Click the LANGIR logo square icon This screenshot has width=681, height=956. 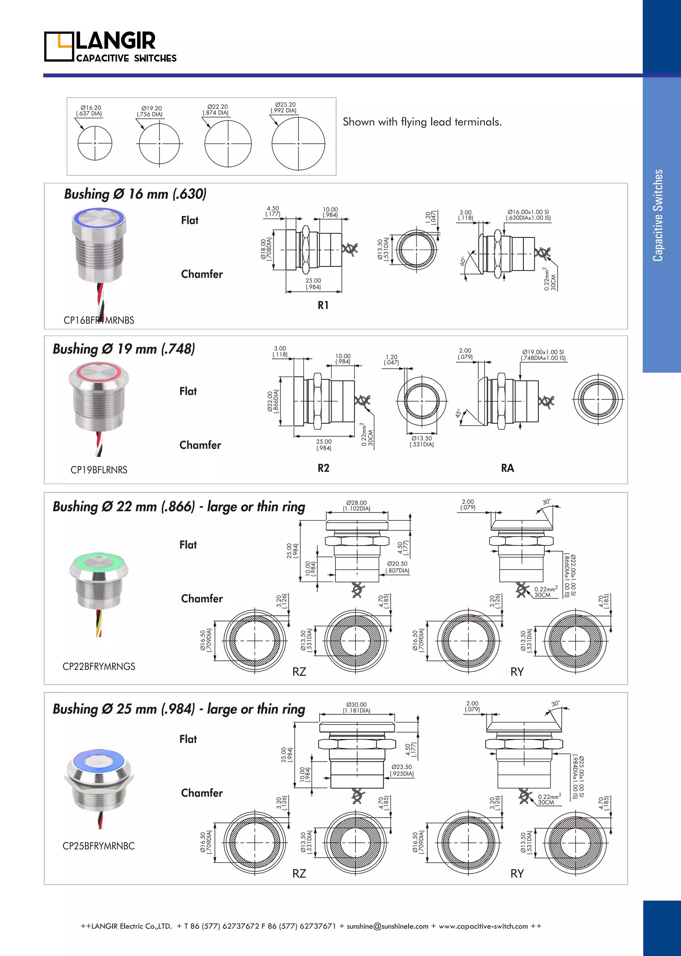point(59,47)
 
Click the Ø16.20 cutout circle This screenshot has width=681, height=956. point(95,143)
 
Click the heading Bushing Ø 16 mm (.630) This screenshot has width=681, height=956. point(135,194)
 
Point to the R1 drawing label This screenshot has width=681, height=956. point(323,305)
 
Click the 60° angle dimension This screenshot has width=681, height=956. point(463,261)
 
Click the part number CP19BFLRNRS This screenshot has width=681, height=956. point(99,470)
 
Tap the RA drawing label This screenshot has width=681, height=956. point(507,468)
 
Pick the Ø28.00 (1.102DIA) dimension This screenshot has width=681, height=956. point(356,506)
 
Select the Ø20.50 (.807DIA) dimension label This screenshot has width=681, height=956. point(397,567)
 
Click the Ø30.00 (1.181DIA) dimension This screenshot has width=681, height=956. point(356,707)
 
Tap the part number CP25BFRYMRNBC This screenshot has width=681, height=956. point(98,846)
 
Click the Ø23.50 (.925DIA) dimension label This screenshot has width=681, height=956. point(402,770)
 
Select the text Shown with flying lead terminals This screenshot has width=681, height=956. point(422,122)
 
